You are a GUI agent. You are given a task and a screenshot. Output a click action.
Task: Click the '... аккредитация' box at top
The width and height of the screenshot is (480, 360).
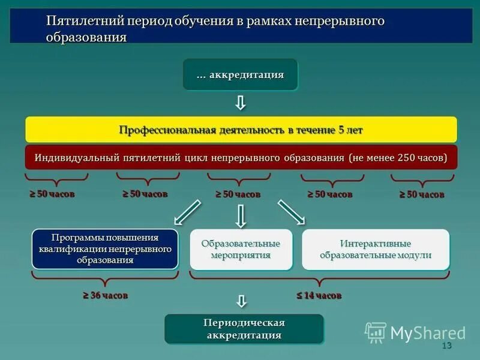pos(240,75)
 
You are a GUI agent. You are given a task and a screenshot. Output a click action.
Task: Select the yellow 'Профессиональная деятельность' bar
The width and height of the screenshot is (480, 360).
pos(241,130)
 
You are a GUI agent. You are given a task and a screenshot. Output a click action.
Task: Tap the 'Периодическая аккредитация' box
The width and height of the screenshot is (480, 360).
pos(244,329)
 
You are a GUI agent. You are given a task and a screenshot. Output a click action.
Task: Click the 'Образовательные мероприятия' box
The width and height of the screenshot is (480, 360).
pos(241,249)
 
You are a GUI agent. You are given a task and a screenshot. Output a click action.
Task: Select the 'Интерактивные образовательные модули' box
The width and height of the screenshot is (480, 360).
pos(376,249)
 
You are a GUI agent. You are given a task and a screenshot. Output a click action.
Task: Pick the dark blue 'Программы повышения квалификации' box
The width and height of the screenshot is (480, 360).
pos(105,248)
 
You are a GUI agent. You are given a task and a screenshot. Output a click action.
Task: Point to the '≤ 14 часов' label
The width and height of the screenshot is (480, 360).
pos(319,295)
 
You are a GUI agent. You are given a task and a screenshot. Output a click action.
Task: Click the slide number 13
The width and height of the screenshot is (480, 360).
pos(446,346)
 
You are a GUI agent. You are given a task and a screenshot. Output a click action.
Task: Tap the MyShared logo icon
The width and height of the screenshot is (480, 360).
pos(376,332)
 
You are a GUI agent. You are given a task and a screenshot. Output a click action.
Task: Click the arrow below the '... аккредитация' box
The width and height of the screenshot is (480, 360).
pos(240,103)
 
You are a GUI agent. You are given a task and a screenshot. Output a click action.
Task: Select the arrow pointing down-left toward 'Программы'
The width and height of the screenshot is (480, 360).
pos(187,214)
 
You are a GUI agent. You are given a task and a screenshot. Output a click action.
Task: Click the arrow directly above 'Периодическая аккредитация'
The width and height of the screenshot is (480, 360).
pos(241,301)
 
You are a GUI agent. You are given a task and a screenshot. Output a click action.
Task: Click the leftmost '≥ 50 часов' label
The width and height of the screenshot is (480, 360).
pos(53,194)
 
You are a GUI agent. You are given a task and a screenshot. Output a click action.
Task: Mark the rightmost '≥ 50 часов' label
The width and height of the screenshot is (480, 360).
pos(422,194)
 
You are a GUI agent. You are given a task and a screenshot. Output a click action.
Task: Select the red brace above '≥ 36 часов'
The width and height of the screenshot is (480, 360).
pos(105,278)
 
